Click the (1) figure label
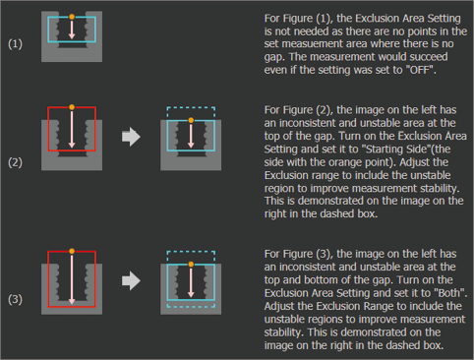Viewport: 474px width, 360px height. pos(15,44)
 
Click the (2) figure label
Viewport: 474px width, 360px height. pos(15,162)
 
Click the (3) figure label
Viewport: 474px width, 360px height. pos(15,299)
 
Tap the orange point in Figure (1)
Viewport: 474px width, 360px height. pos(72,17)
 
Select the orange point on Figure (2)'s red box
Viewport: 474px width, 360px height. pos(72,107)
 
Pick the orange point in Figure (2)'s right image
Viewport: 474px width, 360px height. pos(191,120)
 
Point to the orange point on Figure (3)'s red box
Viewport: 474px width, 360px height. pos(72,251)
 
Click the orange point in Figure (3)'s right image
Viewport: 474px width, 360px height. pos(191,265)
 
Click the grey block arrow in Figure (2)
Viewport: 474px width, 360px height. pos(131,137)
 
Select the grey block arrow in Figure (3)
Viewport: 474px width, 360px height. pos(131,280)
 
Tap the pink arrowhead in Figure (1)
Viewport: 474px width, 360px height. pos(72,36)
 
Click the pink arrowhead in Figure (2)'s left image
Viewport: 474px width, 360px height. pos(72,145)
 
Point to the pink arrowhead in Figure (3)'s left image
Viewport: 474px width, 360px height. pos(72,301)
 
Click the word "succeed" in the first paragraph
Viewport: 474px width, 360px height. pos(429,57)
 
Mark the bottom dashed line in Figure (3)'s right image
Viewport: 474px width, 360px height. pos(191,307)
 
